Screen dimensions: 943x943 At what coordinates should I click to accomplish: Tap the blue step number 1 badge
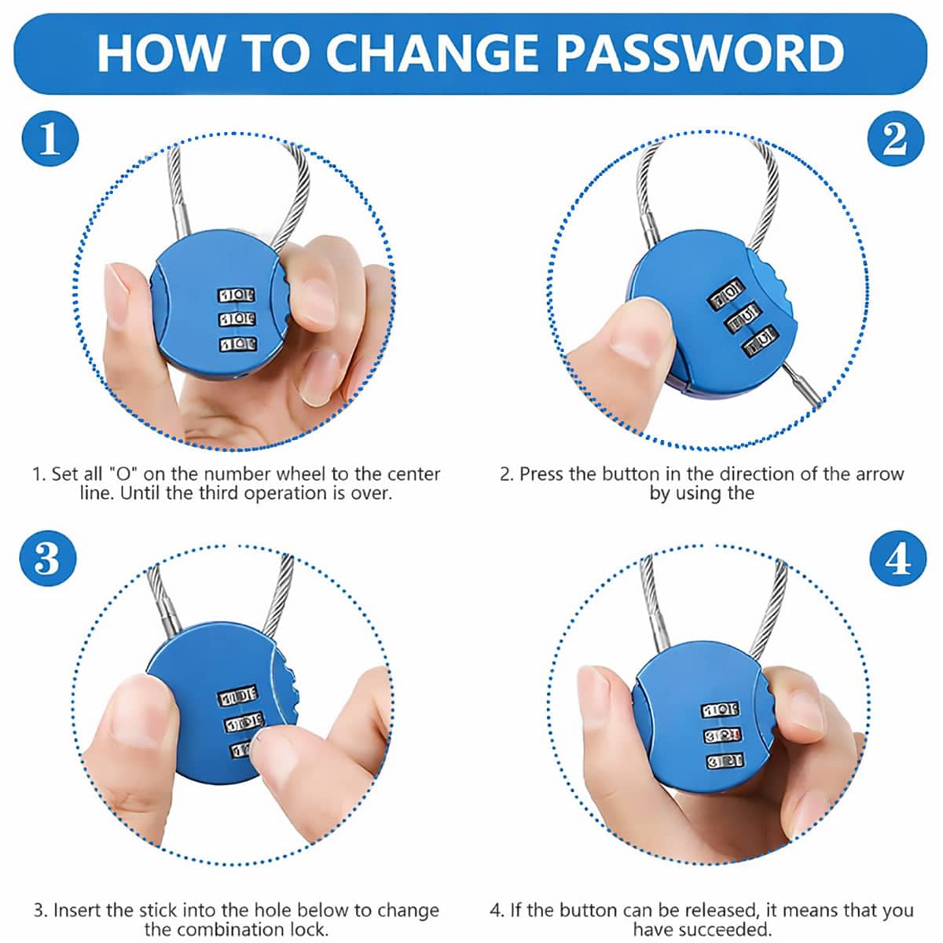coord(50,138)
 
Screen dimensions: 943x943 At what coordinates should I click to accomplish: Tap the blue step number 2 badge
coord(895,138)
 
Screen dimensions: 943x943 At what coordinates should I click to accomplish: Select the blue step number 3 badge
coord(47,558)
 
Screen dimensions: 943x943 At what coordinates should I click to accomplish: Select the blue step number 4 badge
coord(897,558)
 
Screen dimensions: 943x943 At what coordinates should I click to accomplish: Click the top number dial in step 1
coord(236,295)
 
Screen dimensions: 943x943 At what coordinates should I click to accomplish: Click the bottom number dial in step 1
coord(238,344)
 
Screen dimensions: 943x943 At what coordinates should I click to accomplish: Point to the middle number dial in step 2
coord(743,317)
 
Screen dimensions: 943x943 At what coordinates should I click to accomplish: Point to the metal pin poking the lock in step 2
coord(802,384)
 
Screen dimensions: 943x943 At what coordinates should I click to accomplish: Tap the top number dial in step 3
coord(237,696)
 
